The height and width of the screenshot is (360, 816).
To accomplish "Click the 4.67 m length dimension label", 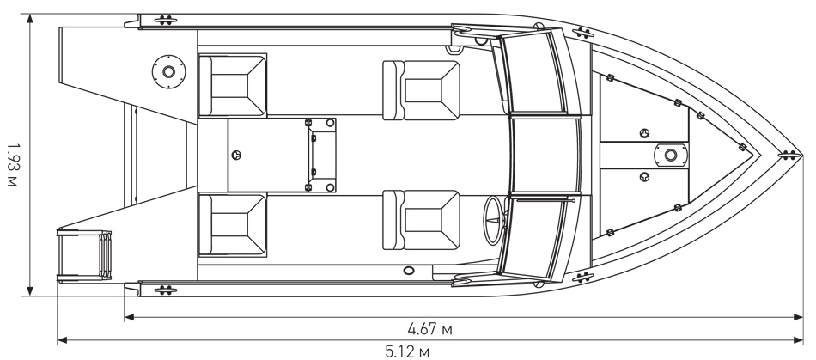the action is tap(429, 329).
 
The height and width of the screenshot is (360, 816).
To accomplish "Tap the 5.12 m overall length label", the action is tap(407, 352).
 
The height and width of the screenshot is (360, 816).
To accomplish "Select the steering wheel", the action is tap(493, 220).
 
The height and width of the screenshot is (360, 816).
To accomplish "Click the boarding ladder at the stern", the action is tap(84, 255).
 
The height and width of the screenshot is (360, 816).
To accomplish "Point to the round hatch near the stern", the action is tap(168, 71).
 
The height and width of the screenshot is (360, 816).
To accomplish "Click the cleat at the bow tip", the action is tap(789, 154).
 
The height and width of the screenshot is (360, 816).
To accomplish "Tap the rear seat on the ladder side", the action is tap(232, 225).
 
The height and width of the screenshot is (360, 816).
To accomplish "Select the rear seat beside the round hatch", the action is tap(232, 85).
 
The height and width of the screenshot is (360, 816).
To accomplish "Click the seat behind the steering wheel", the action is tap(421, 220).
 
